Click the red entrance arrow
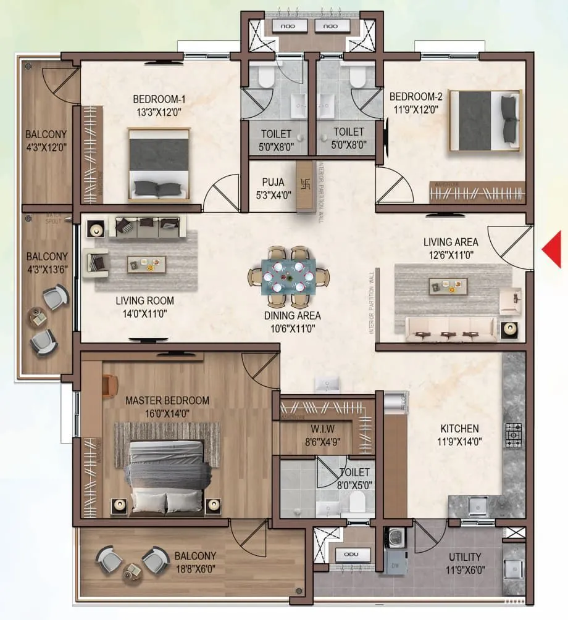(552, 249)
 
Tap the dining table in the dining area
(288, 278)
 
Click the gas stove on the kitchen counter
(514, 434)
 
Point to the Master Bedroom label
(167, 400)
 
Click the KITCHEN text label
(459, 429)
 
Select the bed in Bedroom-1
(159, 164)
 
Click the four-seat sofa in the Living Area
(450, 329)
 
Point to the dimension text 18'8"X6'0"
(195, 568)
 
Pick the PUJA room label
(273, 182)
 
